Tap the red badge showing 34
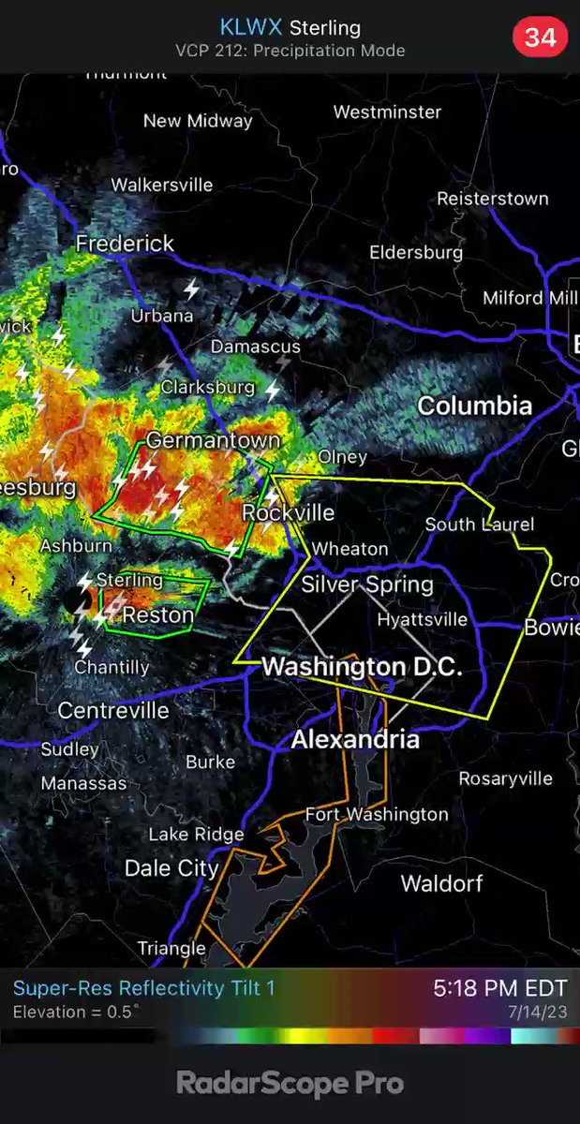click(540, 37)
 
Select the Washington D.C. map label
click(362, 668)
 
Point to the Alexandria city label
click(355, 740)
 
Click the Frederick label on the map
click(125, 244)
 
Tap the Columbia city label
click(474, 406)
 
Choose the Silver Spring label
click(367, 584)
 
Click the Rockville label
click(289, 512)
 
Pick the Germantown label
click(213, 440)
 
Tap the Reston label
click(158, 615)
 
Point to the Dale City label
click(171, 868)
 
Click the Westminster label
click(387, 112)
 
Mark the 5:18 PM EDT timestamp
click(499, 988)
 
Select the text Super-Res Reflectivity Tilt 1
click(144, 988)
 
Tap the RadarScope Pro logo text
click(290, 1084)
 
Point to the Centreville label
click(113, 711)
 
